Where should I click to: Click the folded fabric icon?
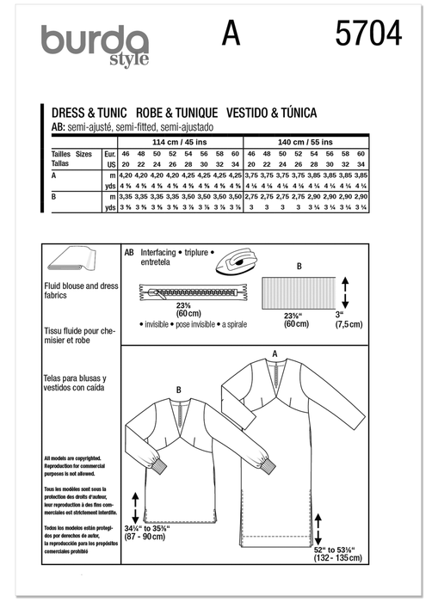(69, 262)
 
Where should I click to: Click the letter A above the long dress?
(274, 353)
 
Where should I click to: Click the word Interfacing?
(161, 255)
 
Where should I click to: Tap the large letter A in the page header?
(230, 34)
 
